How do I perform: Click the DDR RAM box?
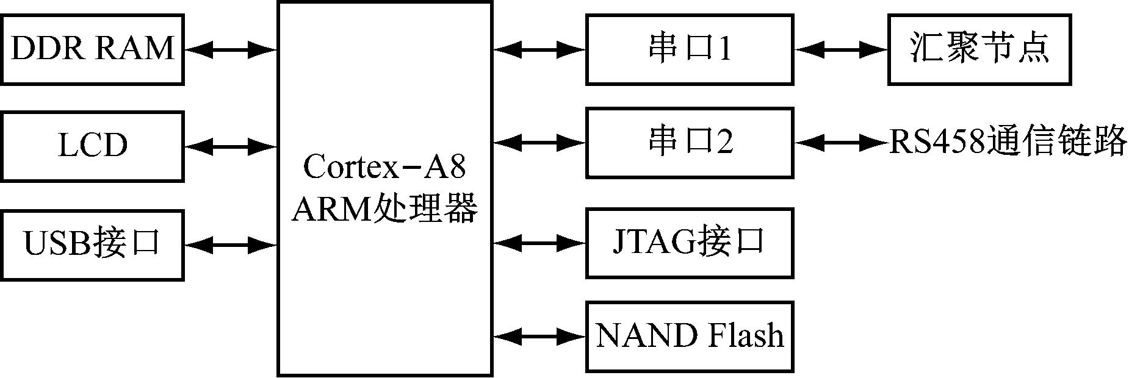coord(92,49)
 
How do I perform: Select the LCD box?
coord(92,146)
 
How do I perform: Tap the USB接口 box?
coord(92,244)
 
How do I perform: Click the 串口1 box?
coord(690,49)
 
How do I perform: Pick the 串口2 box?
coord(690,143)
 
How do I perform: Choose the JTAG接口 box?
coord(690,243)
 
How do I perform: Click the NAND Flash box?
coord(690,336)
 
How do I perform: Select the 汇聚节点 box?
coord(979,49)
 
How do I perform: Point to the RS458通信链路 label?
coord(1007,143)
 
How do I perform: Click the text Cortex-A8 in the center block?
coord(384,167)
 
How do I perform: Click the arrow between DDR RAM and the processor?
coord(231,49)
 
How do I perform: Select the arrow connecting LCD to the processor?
coord(231,146)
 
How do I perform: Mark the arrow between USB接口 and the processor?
coord(231,245)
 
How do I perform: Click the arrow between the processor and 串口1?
coord(539,49)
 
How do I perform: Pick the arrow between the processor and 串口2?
coord(539,143)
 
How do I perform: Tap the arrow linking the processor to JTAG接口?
coord(539,243)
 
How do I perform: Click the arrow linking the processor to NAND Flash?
coord(539,336)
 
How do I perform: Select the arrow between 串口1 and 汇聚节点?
coord(841,49)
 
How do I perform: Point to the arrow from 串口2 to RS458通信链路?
coord(841,143)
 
